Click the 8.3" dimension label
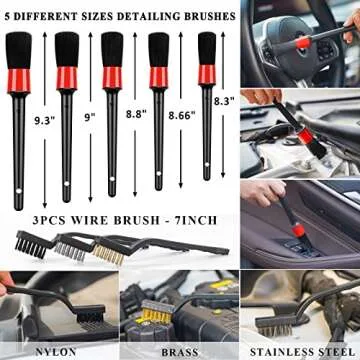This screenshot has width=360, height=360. tap(227, 100)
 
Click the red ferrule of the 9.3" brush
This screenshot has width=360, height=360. tap(27, 74)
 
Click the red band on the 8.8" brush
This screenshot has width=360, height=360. tap(112, 72)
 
